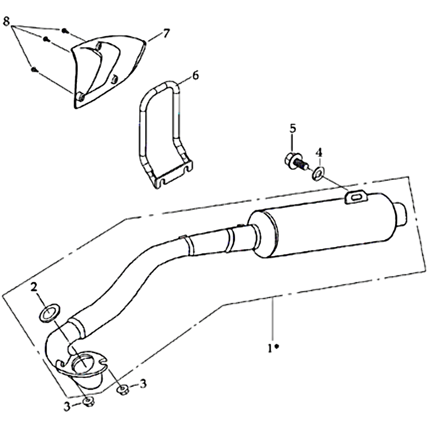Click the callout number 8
[6, 22]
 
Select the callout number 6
[195, 75]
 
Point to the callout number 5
[292, 128]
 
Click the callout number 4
[319, 152]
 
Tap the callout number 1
[270, 348]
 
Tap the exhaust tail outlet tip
[401, 214]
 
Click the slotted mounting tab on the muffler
[356, 197]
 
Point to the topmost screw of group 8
[65, 31]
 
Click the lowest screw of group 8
[34, 69]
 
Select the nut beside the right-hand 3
[123, 390]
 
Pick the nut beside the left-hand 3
[88, 401]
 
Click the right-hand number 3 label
[143, 384]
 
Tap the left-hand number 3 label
[67, 406]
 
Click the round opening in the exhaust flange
[83, 363]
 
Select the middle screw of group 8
[46, 39]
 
